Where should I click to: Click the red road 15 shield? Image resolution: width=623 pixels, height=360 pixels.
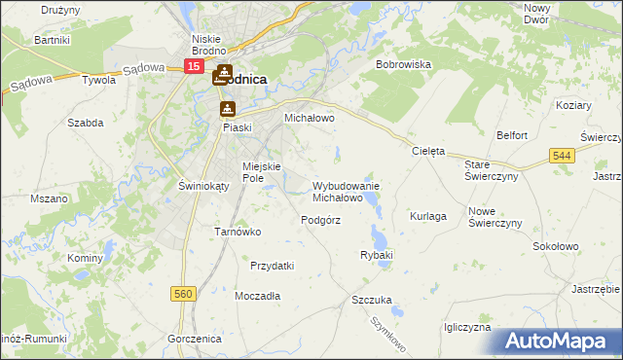coord(194,66)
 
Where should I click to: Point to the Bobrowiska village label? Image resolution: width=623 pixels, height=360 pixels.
coord(403,64)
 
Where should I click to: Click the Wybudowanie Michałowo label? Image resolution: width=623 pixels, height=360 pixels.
coord(345,191)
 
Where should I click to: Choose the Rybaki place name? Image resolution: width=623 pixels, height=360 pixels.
coord(376,255)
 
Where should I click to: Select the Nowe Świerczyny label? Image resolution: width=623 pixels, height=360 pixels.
coord(495,217)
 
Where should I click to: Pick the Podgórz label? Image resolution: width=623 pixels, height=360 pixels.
coord(320,220)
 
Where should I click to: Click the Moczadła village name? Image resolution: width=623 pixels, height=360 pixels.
coord(258,295)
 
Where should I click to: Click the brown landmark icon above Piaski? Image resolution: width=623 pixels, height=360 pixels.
coord(228,109)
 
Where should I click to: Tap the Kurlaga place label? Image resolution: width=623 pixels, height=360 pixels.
coord(428,216)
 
